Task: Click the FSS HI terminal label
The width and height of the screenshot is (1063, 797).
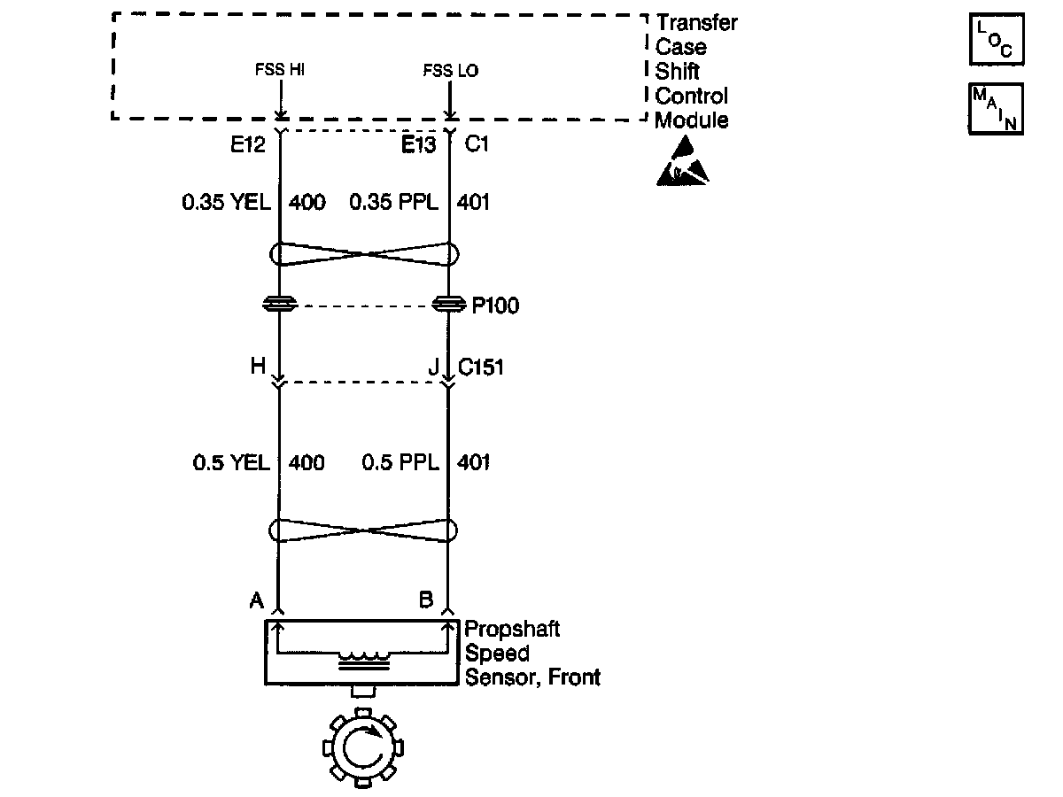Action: click(x=279, y=71)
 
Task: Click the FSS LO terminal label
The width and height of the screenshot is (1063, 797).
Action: click(x=450, y=71)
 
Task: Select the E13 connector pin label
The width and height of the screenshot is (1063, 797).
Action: click(x=419, y=143)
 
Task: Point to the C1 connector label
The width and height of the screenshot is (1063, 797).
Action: click(x=477, y=143)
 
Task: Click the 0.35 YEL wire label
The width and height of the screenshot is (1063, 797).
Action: click(x=225, y=203)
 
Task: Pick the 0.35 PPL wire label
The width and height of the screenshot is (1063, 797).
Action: click(x=393, y=203)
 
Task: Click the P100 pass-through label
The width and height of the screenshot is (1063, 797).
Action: click(x=495, y=306)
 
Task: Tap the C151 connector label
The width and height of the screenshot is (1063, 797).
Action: click(x=481, y=366)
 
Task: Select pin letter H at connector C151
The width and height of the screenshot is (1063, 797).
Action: click(x=258, y=366)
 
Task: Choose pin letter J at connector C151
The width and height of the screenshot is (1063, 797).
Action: click(x=433, y=366)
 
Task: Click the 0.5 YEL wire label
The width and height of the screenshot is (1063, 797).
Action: click(x=231, y=463)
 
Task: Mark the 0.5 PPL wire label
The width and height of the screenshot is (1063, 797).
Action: click(x=400, y=463)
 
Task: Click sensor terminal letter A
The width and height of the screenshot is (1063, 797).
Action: click(x=257, y=601)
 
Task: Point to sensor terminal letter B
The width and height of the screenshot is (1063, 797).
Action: click(x=426, y=601)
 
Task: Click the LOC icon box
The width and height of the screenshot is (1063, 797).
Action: click(x=997, y=40)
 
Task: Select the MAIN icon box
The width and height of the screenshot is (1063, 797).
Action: click(x=997, y=108)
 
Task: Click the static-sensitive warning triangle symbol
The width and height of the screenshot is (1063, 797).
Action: click(x=683, y=162)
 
